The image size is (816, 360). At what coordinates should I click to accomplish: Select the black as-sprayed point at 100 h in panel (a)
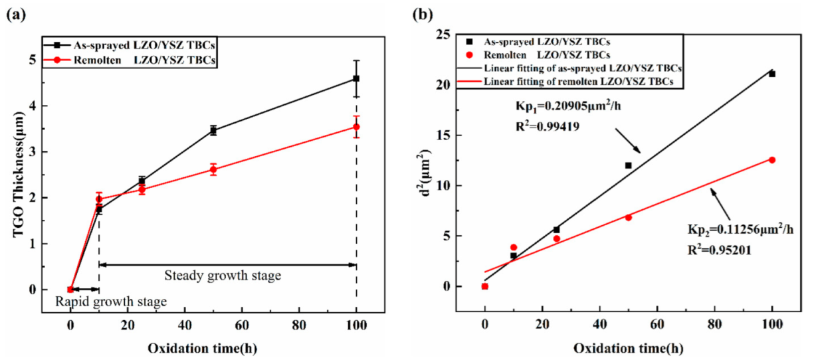pos(356,78)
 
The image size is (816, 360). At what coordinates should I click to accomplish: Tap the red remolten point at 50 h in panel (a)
pos(213,169)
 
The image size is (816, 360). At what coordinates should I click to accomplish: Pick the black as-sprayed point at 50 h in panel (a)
pos(213,130)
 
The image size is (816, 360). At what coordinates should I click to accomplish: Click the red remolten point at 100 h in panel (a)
pos(356,127)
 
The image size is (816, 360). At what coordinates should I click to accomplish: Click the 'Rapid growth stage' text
pos(110,302)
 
